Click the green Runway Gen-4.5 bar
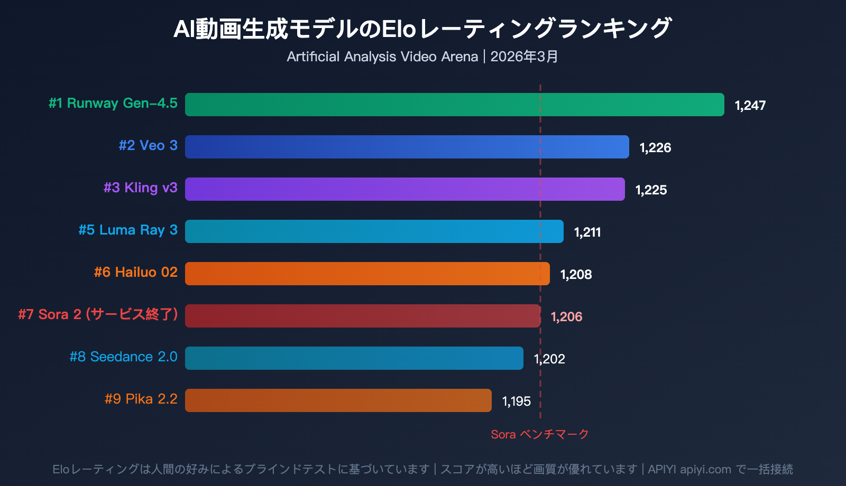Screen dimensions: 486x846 [x=455, y=105]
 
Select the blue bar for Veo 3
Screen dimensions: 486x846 [x=407, y=147]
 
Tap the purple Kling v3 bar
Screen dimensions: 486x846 [x=404, y=189]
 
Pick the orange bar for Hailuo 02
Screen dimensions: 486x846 [x=367, y=274]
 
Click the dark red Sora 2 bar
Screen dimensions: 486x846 [x=363, y=316]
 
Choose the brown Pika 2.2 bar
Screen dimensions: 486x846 [x=338, y=400]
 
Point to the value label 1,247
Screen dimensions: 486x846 [x=750, y=105]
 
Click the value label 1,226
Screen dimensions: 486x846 [x=655, y=147]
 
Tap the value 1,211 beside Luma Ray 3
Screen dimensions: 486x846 [x=587, y=232]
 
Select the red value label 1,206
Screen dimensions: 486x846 [x=566, y=316]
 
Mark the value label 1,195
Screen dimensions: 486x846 [x=516, y=401]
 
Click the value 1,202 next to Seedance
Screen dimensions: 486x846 [x=549, y=359]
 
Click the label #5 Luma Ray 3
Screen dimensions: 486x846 [x=128, y=230]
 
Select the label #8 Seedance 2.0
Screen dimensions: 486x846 [x=123, y=357]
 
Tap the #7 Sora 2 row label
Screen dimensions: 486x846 [x=98, y=314]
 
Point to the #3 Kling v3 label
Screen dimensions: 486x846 [x=140, y=188]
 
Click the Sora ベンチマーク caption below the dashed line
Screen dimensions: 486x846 [x=539, y=434]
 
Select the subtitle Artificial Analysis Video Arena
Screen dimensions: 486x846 [x=382, y=57]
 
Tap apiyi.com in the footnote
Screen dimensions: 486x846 [x=705, y=469]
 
